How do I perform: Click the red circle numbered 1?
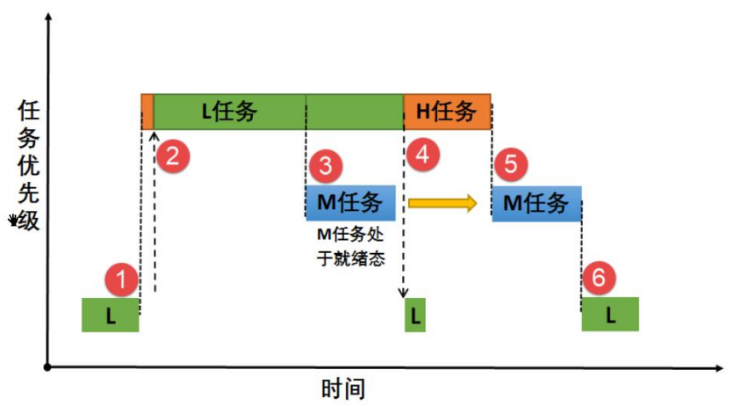coord(122,280)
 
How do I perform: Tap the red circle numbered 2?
coord(173,156)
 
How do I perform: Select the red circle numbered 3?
coord(325,164)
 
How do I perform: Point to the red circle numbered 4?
coord(422,156)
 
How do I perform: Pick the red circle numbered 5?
coord(512,164)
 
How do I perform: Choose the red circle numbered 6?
coord(599,279)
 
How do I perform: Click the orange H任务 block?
coord(446,112)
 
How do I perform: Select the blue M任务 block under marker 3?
coord(350,203)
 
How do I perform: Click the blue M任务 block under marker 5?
coord(536,203)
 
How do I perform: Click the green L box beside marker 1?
coord(110,315)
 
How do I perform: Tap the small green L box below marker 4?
coord(414,315)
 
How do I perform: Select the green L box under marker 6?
coord(609,314)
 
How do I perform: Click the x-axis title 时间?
coord(342,388)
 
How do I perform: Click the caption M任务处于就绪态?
coord(350,247)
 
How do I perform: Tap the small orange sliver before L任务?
coord(147,112)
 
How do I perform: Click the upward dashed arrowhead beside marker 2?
coord(155,135)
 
